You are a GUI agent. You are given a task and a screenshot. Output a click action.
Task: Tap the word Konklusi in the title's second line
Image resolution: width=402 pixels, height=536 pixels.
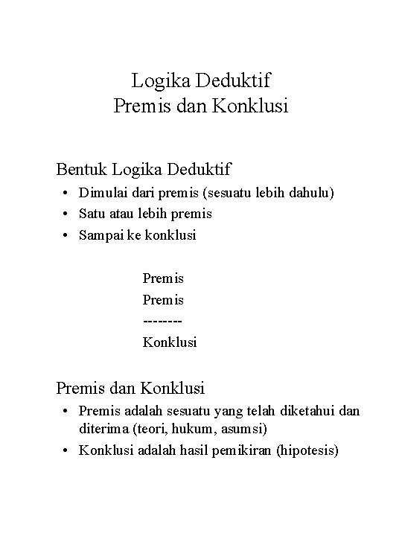tap(250, 106)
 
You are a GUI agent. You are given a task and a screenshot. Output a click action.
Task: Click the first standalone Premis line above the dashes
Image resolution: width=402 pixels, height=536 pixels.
tap(163, 279)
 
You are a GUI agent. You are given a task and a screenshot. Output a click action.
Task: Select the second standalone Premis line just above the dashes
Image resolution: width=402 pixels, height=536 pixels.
tap(163, 300)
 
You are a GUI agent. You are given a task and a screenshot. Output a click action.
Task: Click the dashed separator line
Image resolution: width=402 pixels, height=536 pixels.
tap(163, 321)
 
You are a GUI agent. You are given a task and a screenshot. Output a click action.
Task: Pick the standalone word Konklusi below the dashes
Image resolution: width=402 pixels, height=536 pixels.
tap(170, 342)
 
